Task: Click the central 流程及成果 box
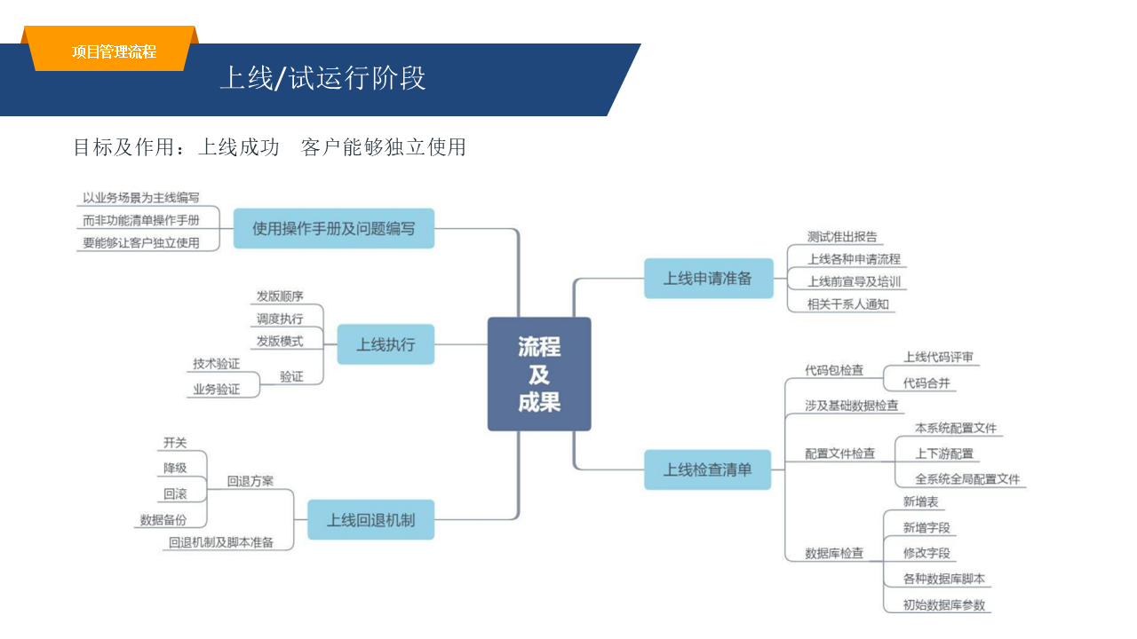(x=539, y=374)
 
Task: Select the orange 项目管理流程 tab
(x=114, y=51)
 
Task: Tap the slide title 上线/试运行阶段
(x=322, y=79)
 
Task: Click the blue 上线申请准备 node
(x=708, y=279)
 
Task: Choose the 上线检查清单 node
(x=708, y=469)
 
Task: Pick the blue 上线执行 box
(x=386, y=344)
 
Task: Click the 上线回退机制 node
(x=370, y=520)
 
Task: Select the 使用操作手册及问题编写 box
(x=333, y=228)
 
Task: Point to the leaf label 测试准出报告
(x=842, y=237)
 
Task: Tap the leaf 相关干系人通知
(x=847, y=304)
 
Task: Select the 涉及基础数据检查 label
(x=852, y=406)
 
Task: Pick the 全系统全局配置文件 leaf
(x=967, y=479)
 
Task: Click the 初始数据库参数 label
(x=944, y=605)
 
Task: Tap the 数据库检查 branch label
(x=834, y=553)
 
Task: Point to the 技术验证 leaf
(x=217, y=364)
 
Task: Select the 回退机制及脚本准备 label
(x=221, y=542)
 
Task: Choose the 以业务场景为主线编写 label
(x=141, y=198)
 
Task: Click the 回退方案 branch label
(x=250, y=482)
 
